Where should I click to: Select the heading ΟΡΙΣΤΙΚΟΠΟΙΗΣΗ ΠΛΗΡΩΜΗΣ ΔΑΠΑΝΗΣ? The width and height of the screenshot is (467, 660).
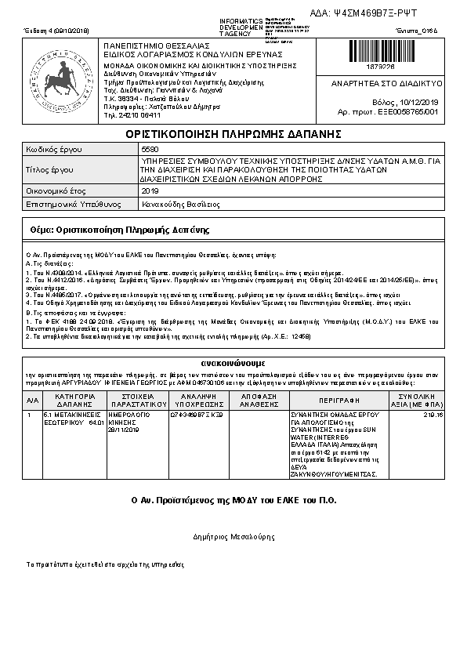[x=234, y=134]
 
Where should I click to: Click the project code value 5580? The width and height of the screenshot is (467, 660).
[x=148, y=149]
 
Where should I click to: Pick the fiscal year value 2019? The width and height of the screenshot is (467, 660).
[x=149, y=190]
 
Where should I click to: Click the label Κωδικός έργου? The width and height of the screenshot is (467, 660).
[x=54, y=149]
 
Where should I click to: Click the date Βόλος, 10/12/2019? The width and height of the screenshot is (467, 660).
[x=406, y=102]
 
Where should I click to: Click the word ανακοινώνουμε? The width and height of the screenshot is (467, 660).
[x=233, y=364]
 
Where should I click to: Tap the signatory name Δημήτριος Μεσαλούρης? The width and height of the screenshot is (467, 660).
[x=233, y=537]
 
